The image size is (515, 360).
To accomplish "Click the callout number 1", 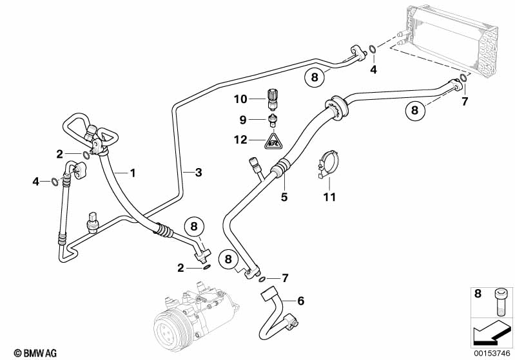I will point(133,173).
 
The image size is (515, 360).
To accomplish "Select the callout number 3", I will point(199,172).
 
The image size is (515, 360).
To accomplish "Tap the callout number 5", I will point(284,197).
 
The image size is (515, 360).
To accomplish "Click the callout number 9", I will point(244,119).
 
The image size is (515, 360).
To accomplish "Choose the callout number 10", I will point(240,99).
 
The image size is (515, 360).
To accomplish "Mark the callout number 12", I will point(240,139).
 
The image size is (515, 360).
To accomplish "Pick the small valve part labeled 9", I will point(275,120).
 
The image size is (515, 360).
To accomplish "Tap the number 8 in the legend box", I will point(477,294).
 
